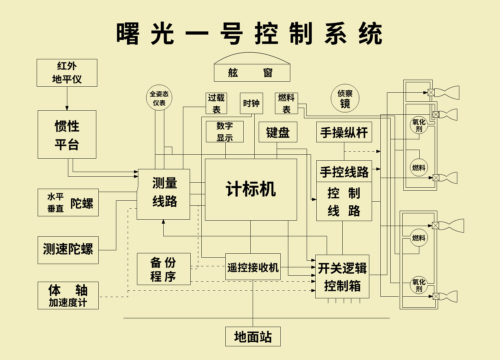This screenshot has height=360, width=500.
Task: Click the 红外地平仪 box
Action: click(67, 73)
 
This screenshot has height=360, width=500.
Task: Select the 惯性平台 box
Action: click(67, 134)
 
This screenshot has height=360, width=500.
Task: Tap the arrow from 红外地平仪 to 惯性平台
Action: click(67, 99)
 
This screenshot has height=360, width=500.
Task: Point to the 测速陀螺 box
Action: click(68, 250)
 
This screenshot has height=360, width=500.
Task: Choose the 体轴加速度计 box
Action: click(68, 295)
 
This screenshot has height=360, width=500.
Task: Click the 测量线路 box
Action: click(163, 194)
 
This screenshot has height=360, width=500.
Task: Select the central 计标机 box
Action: click(251, 189)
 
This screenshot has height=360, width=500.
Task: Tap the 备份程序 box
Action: click(164, 269)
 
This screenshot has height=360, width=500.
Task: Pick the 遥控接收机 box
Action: click(253, 267)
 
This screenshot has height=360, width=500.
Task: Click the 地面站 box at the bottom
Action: click(253, 336)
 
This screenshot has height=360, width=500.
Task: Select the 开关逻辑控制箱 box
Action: click(342, 276)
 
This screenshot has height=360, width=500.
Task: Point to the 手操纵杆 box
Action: click(344, 132)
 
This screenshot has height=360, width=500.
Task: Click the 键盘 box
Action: click(278, 132)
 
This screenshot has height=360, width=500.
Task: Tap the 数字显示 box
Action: click(225, 132)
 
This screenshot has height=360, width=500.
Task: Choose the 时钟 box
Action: click(251, 103)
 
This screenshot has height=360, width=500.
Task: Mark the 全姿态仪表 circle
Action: click(159, 98)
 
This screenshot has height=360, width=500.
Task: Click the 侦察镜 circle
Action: click(345, 98)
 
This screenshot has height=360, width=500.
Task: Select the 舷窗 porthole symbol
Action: click(252, 68)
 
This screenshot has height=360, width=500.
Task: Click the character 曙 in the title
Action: click(128, 34)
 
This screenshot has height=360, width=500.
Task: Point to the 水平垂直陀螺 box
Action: click(68, 202)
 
